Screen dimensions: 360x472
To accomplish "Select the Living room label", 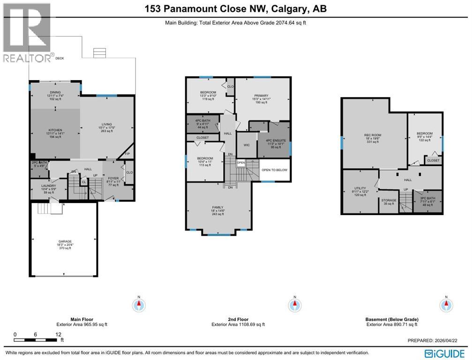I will (106, 124).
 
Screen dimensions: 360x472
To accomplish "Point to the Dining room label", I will (55, 93).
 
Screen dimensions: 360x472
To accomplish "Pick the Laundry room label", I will (49, 186).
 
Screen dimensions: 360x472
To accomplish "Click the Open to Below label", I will (274, 170).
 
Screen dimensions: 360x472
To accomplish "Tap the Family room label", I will (217, 207).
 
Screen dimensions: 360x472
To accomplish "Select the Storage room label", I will (389, 200).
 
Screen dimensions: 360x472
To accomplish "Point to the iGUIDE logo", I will (444, 352).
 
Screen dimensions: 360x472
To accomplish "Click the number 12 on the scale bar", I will (58, 334).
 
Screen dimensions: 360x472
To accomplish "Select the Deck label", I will (60, 59).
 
